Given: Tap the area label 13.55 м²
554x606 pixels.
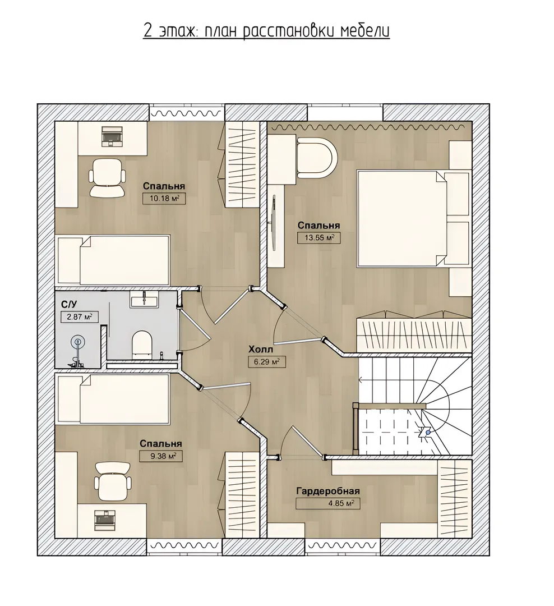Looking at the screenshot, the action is tap(318, 238).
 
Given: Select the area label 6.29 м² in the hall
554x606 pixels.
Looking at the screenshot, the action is tap(267, 362).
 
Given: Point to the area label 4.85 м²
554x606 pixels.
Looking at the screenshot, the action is tap(328, 503).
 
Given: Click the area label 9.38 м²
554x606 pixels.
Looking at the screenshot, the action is tap(161, 456).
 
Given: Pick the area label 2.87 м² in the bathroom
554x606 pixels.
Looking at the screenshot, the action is tap(79, 317).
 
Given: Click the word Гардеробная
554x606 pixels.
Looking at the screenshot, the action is tap(328, 491).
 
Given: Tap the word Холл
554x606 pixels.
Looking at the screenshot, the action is tap(260, 350).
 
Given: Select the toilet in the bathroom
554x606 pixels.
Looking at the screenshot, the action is tap(142, 343).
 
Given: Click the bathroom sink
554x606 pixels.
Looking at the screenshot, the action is tap(144, 300).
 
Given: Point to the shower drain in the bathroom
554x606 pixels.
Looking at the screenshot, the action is tap(77, 342).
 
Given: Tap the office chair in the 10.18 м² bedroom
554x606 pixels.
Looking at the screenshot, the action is tap(108, 178).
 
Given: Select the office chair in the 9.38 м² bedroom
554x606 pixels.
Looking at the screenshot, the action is tap(113, 481).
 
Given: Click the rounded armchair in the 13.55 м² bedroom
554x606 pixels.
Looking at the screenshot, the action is tap(317, 158).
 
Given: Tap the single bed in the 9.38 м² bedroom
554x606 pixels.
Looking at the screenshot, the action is tap(113, 398).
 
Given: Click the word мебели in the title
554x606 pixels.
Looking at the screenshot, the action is tap(364, 31).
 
